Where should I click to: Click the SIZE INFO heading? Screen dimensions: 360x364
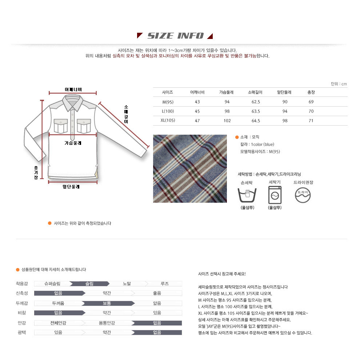(x=175, y=36)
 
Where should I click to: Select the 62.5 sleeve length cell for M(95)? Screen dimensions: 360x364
(x=256, y=102)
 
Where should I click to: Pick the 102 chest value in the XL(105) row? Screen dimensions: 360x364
(x=227, y=121)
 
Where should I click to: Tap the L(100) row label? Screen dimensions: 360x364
(x=168, y=111)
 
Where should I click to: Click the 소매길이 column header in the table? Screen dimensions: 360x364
(x=255, y=92)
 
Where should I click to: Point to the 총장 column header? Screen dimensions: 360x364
(x=311, y=92)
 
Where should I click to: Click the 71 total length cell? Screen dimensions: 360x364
(x=311, y=121)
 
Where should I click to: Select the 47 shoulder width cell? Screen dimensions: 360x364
(x=197, y=121)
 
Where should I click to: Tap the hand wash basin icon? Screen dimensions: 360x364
(x=247, y=195)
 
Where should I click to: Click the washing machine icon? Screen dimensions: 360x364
(x=275, y=195)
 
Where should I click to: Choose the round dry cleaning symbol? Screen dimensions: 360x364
(x=303, y=195)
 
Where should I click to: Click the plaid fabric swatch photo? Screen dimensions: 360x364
(x=190, y=169)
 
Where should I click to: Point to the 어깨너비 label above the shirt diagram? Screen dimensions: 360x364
(x=73, y=90)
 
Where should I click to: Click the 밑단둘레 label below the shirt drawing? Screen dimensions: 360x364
(x=71, y=187)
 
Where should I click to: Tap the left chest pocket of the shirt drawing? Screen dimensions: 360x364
(x=61, y=126)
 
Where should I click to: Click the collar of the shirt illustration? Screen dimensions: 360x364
(x=73, y=102)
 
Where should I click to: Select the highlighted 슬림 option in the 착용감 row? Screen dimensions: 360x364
(x=89, y=284)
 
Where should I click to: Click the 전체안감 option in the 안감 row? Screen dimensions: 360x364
(x=58, y=323)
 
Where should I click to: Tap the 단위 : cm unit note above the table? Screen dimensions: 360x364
(x=339, y=84)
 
